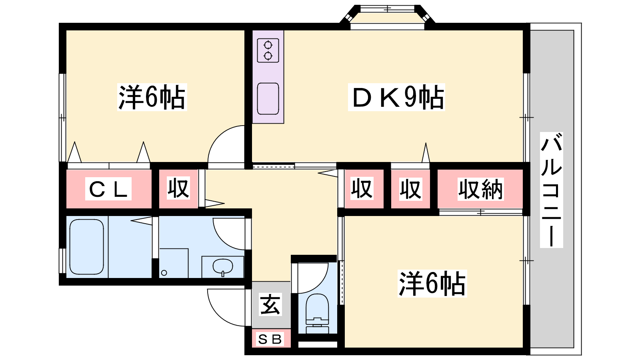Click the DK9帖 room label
tap(396, 97)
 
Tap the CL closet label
tap(108, 189)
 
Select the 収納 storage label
tap(480, 189)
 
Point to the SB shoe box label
tap(270, 339)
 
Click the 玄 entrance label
tap(270, 304)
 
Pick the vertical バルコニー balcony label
tap(552, 190)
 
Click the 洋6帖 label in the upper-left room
tap(152, 97)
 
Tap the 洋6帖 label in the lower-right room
tap(432, 284)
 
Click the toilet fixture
tap(317, 313)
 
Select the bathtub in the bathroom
tap(86, 247)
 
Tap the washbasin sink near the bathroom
tap(222, 267)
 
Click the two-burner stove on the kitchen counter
tap(268, 50)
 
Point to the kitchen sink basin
tap(268, 98)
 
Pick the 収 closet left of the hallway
tap(178, 188)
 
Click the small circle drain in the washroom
tap(164, 273)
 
